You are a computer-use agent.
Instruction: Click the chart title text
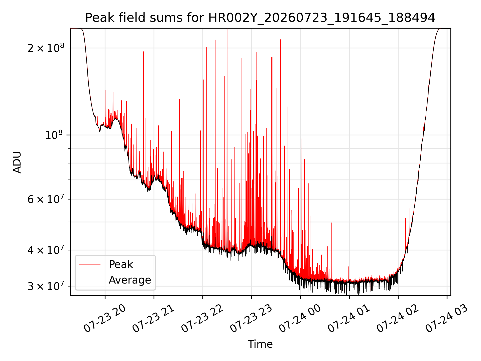260,18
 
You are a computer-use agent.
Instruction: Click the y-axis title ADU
17,162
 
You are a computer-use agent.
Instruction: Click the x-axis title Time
260,344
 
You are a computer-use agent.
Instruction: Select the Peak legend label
121,264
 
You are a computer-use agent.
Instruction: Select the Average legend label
130,280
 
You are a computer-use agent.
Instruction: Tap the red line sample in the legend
90,264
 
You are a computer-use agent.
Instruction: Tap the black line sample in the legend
90,280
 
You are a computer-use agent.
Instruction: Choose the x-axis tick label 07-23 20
104,318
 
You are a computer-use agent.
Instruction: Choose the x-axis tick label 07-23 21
153,318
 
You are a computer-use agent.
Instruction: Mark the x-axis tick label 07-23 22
202,318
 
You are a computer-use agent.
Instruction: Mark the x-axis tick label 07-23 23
251,318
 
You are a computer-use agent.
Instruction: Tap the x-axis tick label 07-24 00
300,318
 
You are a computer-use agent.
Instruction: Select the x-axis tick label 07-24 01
349,318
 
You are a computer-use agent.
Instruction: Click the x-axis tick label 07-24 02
398,318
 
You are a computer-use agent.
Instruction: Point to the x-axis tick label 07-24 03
446,318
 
